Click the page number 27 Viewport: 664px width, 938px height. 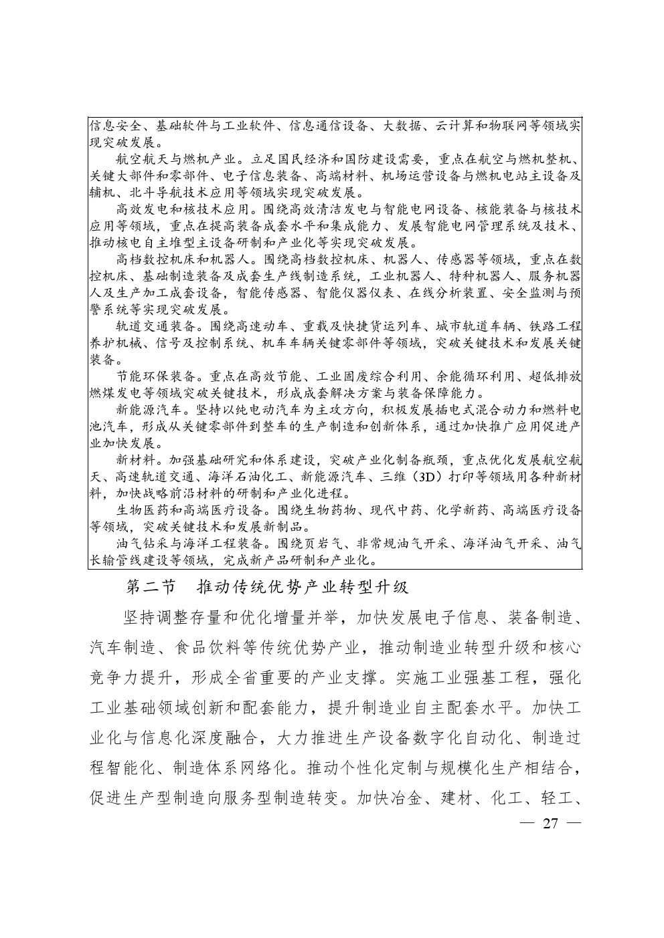pos(550,822)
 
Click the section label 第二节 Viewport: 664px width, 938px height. pos(151,588)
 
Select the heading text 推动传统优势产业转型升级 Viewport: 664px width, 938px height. pos(303,588)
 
